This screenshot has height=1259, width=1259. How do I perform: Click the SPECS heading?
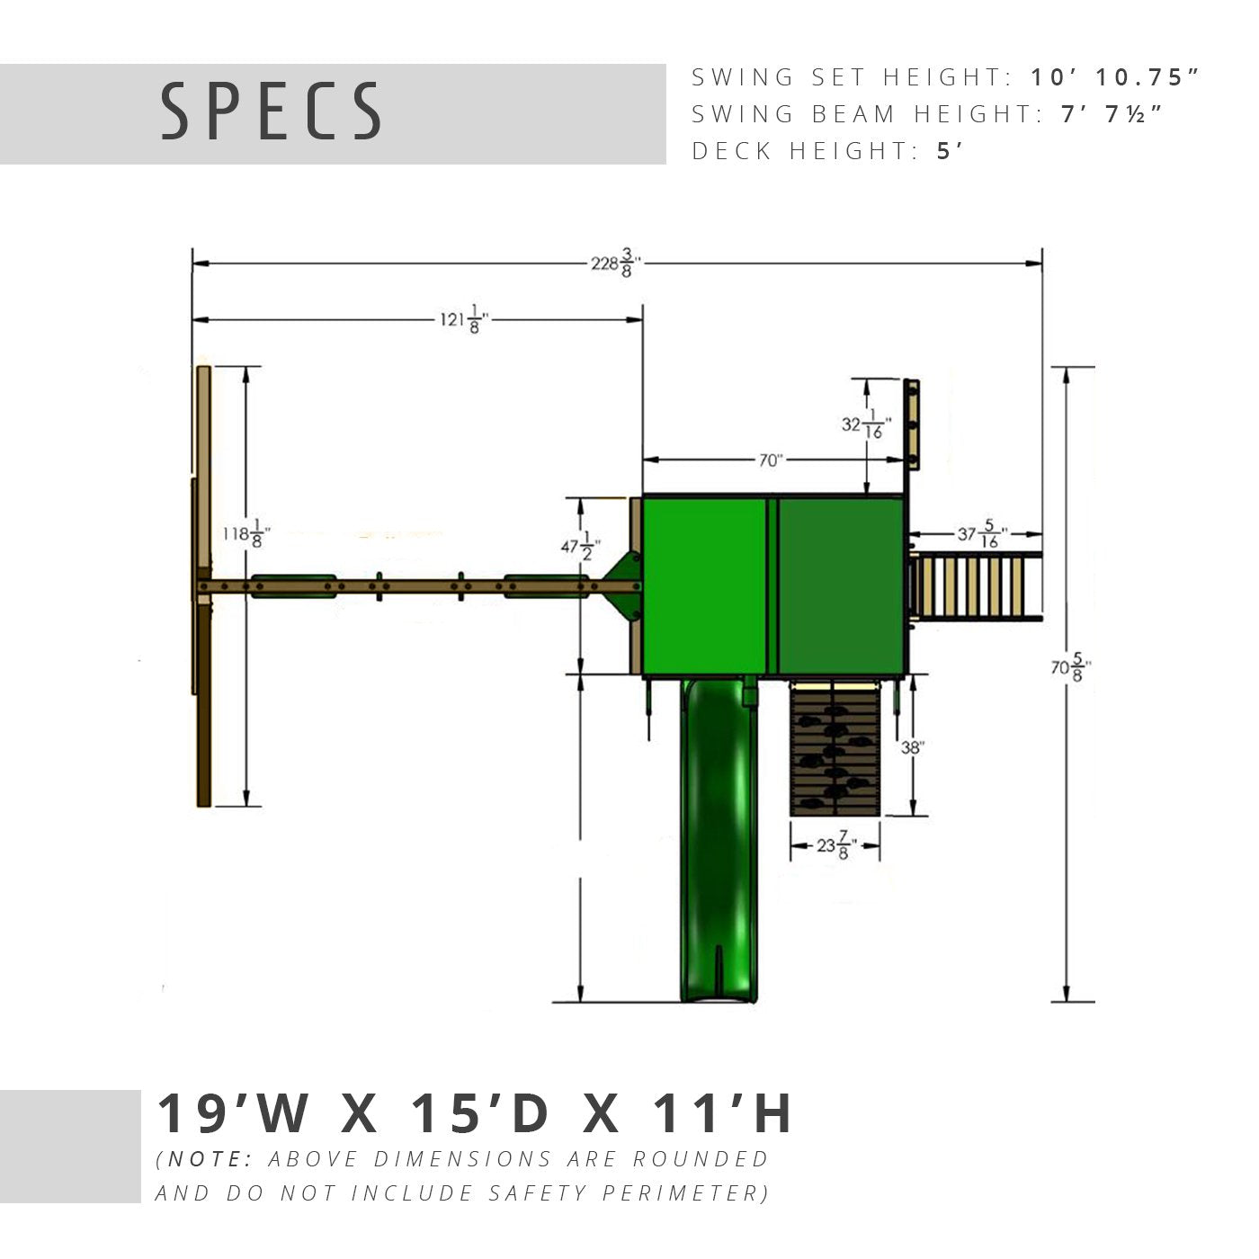271,112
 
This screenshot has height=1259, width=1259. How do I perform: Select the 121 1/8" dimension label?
464,319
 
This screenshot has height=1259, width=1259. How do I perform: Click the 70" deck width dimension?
771,460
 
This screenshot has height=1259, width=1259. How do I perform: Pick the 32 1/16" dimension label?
866,424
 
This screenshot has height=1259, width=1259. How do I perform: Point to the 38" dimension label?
912,746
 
